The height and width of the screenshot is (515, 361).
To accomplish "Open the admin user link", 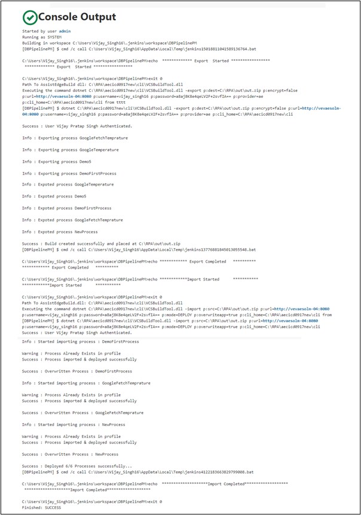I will point(65,30).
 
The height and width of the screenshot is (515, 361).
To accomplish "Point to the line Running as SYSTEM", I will point(41,36).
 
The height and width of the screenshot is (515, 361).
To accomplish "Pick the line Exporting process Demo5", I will point(54,161).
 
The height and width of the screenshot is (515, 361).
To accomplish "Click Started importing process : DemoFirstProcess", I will point(80,341).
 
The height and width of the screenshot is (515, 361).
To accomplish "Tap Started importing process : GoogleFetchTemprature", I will point(86,383).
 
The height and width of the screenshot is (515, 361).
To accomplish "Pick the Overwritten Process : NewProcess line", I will point(68,454).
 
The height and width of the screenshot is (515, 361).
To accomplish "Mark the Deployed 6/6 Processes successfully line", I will point(77,466).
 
